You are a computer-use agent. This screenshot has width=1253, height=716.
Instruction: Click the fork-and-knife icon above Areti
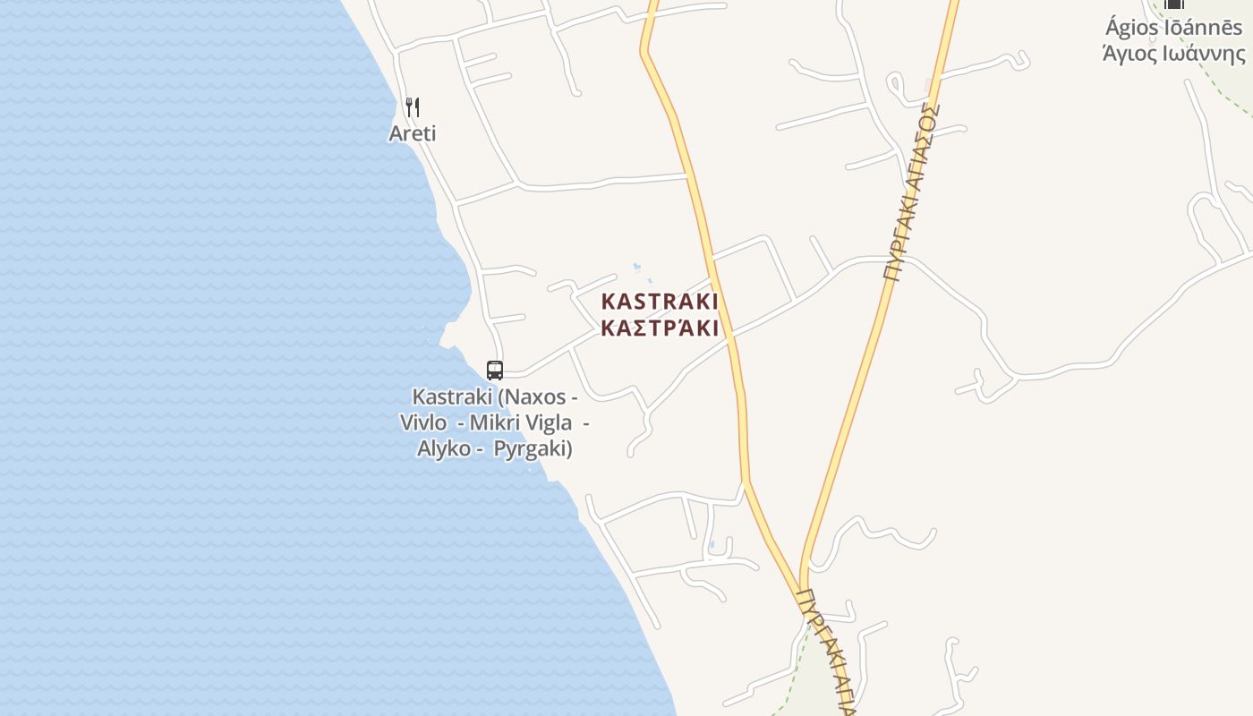[413, 107]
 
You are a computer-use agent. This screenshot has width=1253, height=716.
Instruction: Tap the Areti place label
[413, 133]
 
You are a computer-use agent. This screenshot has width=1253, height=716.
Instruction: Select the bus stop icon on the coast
[495, 370]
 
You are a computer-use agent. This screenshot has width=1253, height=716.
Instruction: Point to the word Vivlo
[423, 422]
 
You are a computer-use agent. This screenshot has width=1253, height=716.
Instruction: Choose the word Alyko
[444, 448]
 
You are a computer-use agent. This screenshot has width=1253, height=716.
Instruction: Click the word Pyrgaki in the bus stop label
[532, 448]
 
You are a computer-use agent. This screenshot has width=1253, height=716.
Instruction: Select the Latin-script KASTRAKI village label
[661, 301]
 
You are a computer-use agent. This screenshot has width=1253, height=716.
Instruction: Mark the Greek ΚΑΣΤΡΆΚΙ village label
[661, 328]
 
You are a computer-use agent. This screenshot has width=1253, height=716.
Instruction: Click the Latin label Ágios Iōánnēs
[1173, 28]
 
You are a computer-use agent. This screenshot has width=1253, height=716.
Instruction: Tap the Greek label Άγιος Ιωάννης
[1173, 54]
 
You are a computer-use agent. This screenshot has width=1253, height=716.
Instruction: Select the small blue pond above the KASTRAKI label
[636, 266]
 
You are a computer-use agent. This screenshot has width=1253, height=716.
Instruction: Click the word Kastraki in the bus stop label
[452, 396]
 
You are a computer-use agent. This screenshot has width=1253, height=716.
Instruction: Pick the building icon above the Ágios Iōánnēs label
[1174, 4]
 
